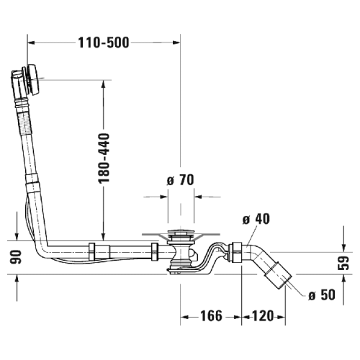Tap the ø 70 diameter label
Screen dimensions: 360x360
pyautogui.click(x=181, y=180)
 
